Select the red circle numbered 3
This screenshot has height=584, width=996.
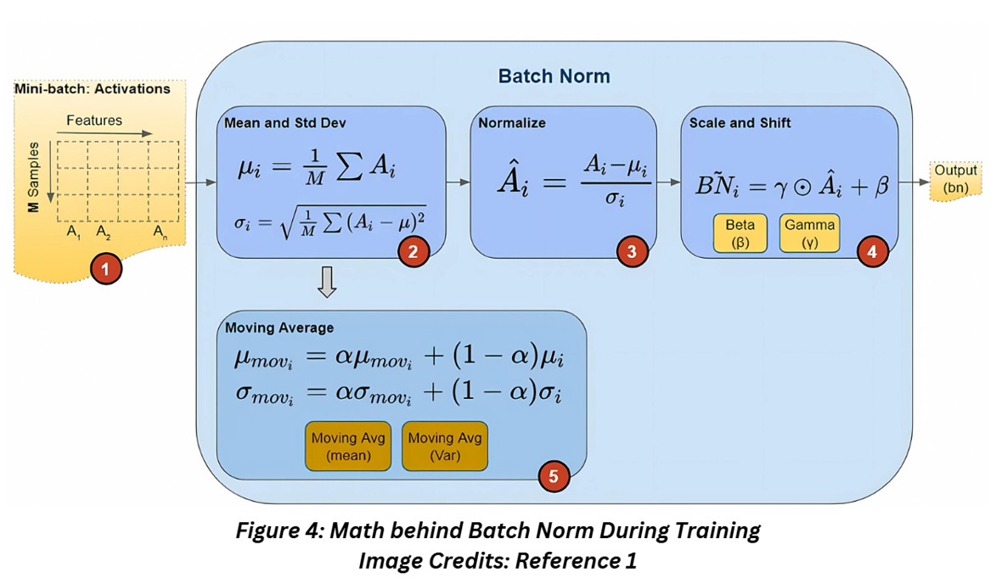pos(632,250)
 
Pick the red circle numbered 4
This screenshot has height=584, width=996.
pos(873,250)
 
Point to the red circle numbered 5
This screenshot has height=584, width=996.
pos(554,476)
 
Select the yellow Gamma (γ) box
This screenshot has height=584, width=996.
pos(809,233)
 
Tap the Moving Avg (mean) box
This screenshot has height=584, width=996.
pos(348,446)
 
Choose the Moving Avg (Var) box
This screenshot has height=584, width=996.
pos(445,446)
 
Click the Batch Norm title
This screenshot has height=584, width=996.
pos(554,76)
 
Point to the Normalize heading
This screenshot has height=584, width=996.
pos(512,123)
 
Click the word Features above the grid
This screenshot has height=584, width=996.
pos(94,121)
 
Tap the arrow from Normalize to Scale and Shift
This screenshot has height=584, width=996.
pos(669,182)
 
